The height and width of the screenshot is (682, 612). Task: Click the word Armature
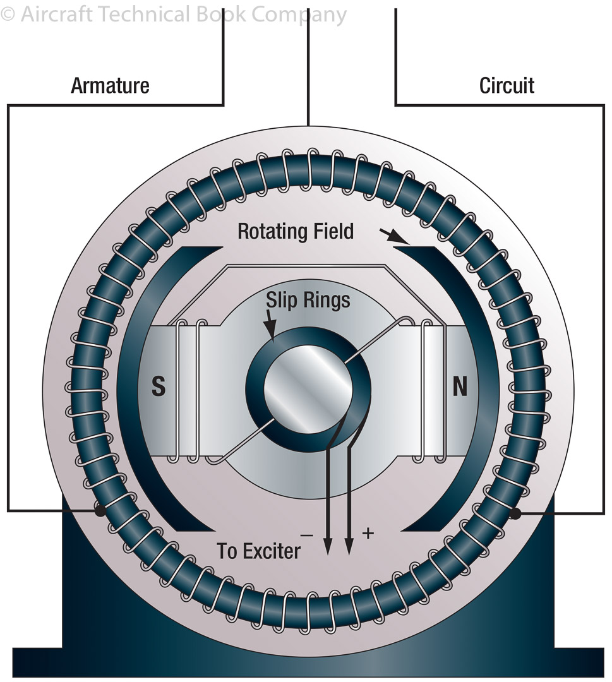click(x=110, y=85)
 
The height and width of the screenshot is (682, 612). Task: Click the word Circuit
click(x=507, y=85)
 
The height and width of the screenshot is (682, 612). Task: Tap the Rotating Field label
click(x=296, y=232)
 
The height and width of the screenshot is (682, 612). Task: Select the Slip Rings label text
click(x=308, y=299)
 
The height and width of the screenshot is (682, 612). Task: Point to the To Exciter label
click(x=259, y=551)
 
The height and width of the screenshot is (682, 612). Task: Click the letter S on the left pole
click(x=159, y=386)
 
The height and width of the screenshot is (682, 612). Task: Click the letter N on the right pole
click(x=460, y=386)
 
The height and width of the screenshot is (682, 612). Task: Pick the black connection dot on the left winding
click(x=99, y=510)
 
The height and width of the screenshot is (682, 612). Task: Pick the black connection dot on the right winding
click(x=515, y=513)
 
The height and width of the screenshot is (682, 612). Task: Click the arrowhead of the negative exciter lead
click(x=328, y=547)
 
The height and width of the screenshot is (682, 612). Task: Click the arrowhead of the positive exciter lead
click(x=349, y=547)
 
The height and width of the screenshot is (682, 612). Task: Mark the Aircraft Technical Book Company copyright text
click(x=174, y=14)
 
